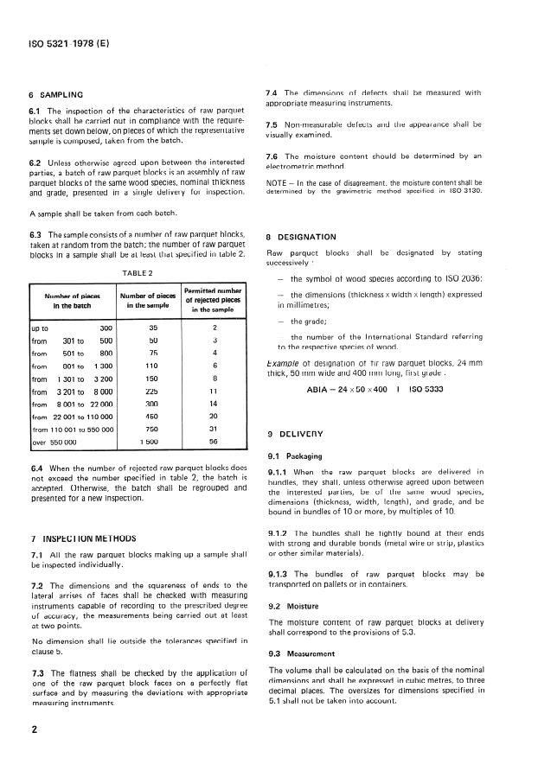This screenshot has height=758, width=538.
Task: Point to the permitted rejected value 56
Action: [214, 441]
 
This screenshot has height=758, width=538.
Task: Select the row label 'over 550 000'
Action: [54, 441]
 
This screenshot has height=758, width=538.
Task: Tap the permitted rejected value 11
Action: [214, 392]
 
